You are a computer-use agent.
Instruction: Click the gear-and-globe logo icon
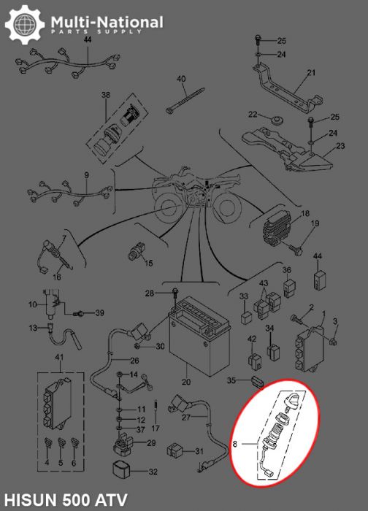click(x=24, y=26)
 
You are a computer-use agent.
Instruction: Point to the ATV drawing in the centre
click(x=193, y=194)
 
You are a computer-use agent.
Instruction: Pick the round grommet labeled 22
click(x=277, y=118)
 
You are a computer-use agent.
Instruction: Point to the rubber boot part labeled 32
click(x=124, y=470)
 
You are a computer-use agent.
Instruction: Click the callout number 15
click(x=148, y=262)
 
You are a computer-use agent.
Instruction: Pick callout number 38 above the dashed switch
click(x=105, y=96)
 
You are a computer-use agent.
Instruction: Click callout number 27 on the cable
click(x=186, y=418)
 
